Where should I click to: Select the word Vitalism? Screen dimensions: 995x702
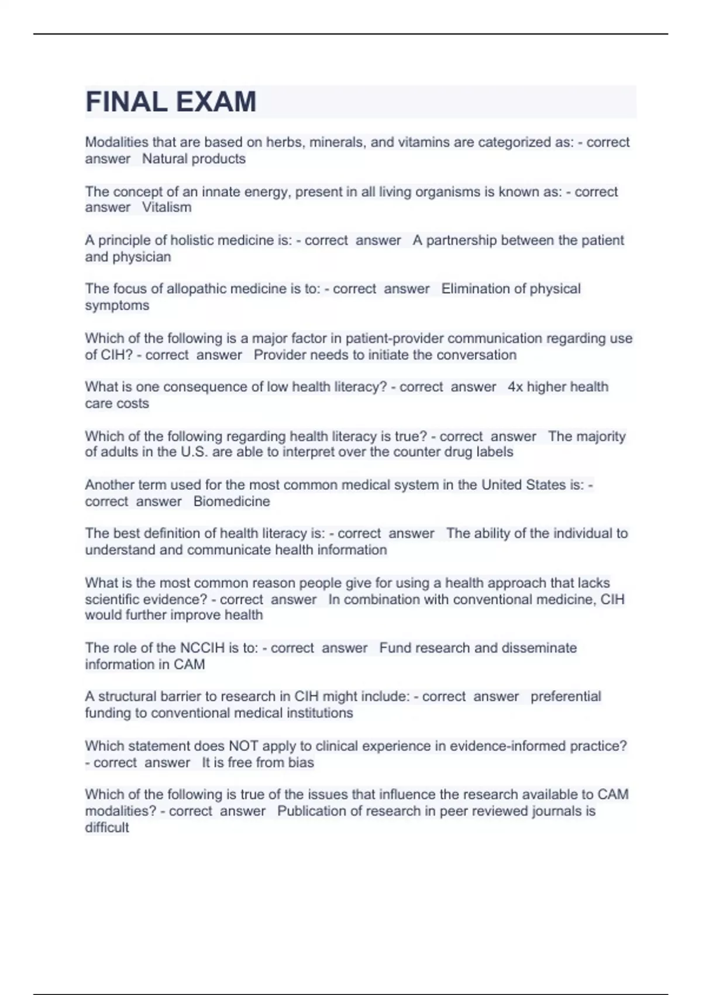click(x=167, y=207)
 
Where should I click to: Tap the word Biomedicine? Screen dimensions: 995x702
click(x=232, y=502)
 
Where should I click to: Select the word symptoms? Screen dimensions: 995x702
click(x=117, y=306)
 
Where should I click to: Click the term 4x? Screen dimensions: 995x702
click(x=515, y=387)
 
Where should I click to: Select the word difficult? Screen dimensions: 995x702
click(x=106, y=828)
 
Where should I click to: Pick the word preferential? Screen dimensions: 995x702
click(x=566, y=696)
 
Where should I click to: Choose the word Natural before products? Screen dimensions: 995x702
click(x=164, y=159)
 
